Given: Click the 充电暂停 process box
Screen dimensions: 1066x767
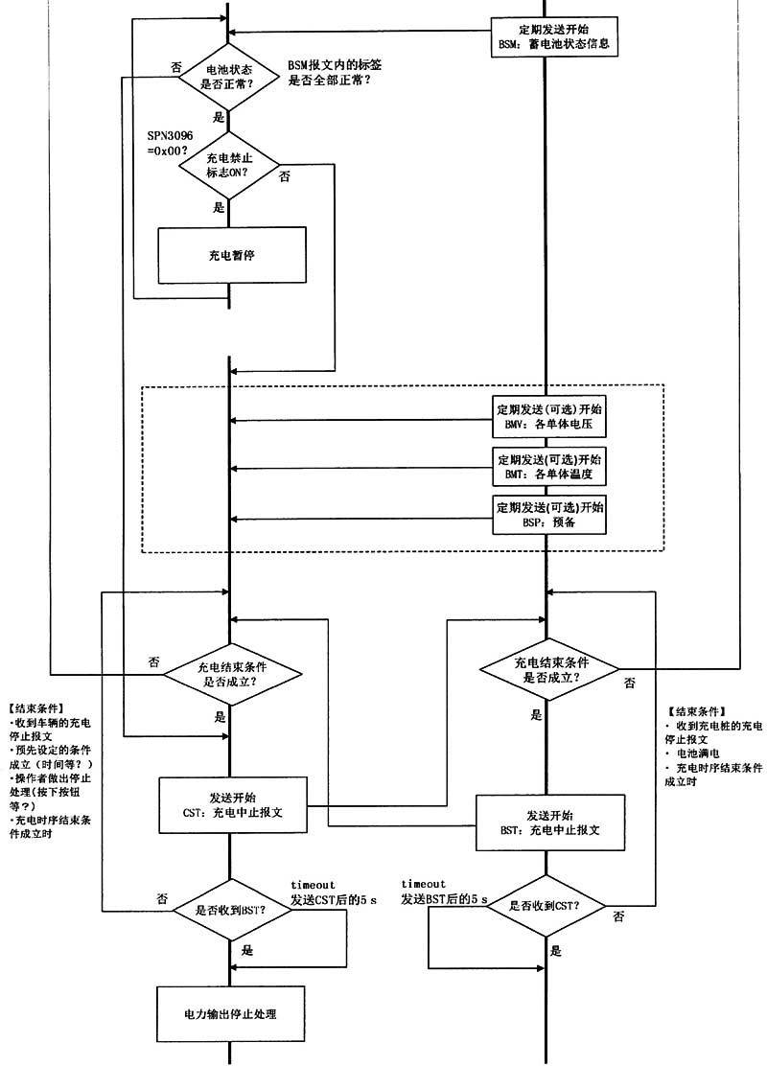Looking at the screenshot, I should (x=231, y=256).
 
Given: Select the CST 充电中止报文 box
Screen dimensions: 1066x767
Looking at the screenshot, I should (x=232, y=803).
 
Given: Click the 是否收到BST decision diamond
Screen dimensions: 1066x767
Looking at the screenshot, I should (x=230, y=910).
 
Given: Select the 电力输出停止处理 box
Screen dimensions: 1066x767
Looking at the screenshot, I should (x=231, y=1013).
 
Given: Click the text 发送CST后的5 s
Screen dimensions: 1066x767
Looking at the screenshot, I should (x=334, y=900).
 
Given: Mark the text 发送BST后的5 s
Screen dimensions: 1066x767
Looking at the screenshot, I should (x=445, y=900).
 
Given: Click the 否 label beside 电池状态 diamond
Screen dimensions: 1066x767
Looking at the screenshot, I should (x=175, y=67).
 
